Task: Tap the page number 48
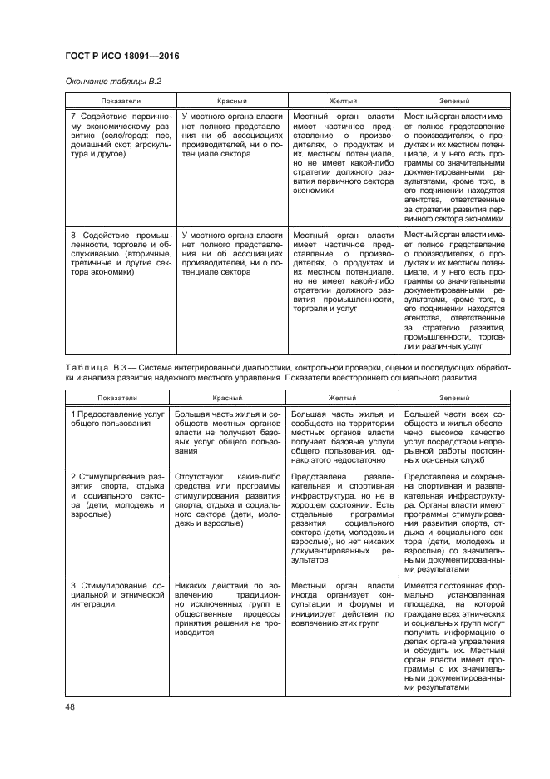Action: pos(70,707)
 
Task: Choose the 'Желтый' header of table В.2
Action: pos(344,101)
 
